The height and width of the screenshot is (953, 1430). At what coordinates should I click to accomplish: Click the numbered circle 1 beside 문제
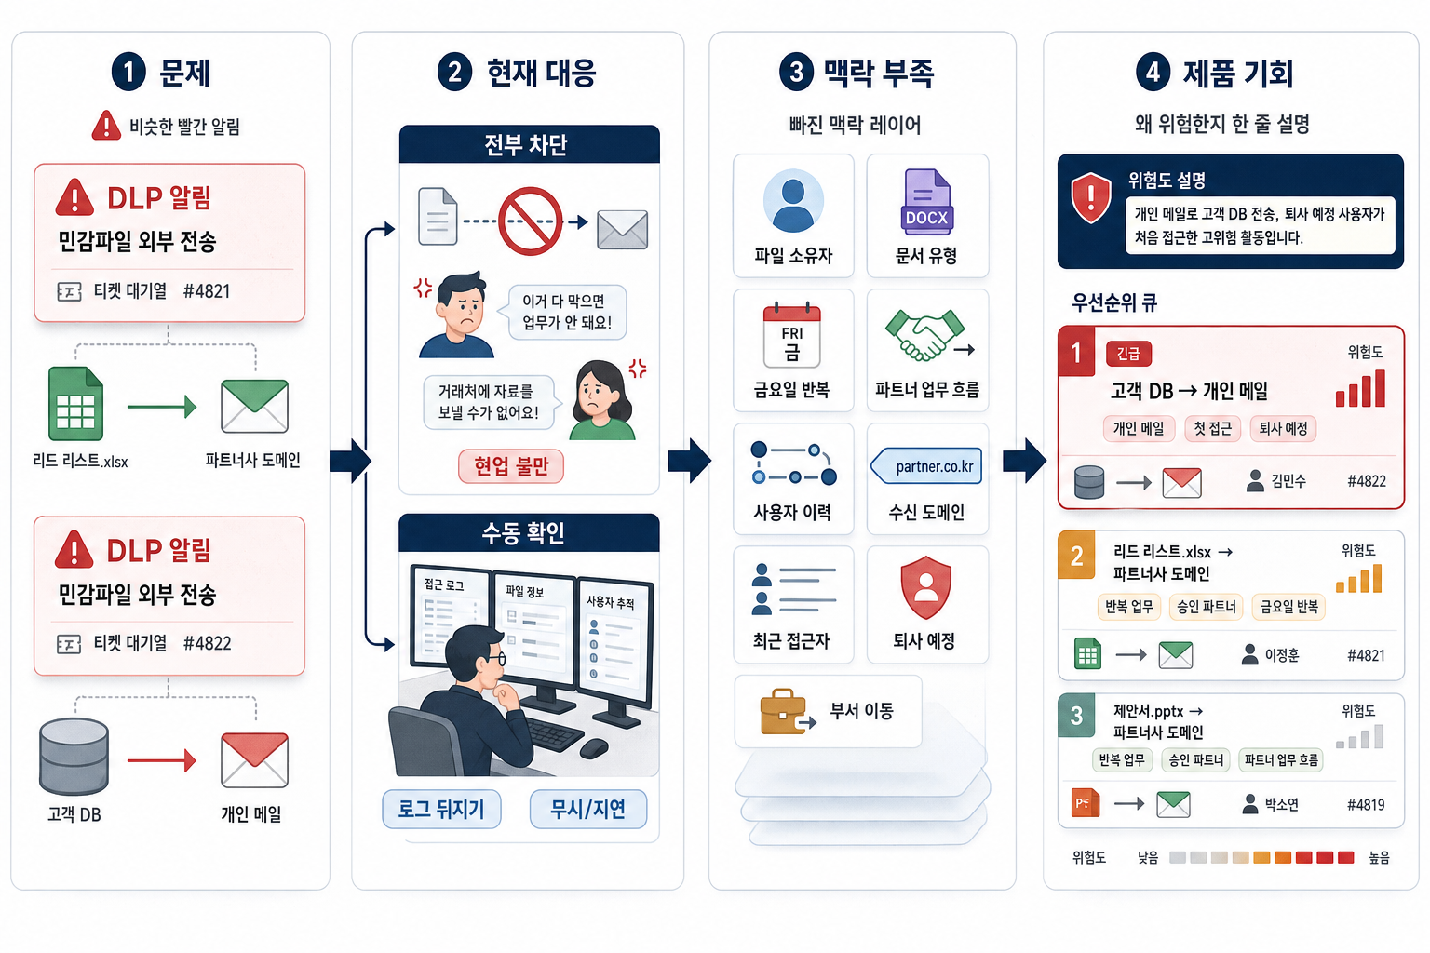128,72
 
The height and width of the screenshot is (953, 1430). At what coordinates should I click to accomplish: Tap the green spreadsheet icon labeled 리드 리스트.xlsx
75,403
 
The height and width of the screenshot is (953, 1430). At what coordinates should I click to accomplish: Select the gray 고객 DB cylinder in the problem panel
74,757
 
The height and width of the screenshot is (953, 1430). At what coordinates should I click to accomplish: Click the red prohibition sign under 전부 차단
530,221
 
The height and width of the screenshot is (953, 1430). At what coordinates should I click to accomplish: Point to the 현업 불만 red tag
511,466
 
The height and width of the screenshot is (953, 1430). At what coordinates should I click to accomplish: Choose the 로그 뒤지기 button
441,809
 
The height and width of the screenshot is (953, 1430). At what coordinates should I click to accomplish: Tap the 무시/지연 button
588,809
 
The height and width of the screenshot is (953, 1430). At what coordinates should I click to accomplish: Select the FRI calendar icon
791,334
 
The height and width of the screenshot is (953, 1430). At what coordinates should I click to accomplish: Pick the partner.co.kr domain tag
926,466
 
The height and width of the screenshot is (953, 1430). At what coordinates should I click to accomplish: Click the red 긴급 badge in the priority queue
1128,354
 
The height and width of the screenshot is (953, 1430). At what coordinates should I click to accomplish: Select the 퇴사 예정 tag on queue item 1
1283,428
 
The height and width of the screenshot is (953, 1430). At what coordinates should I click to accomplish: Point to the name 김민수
1288,480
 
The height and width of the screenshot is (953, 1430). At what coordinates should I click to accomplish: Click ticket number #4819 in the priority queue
1366,804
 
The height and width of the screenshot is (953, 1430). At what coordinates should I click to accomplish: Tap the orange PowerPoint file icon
1086,803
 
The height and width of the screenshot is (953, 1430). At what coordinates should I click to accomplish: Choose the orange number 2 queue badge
1076,556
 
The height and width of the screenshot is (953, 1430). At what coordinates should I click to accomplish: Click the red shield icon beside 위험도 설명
1090,198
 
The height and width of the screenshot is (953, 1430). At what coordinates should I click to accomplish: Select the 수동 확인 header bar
529,532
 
